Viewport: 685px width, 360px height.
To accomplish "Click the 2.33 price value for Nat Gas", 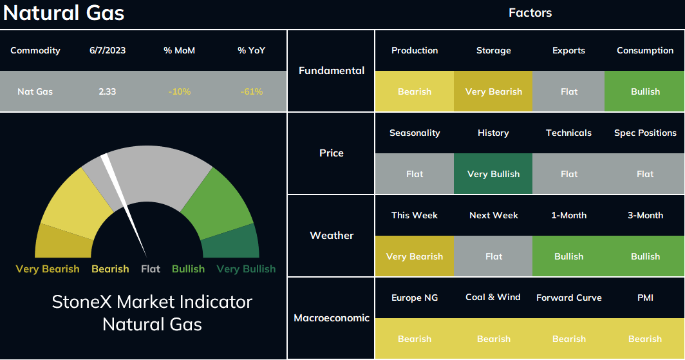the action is click(x=107, y=91).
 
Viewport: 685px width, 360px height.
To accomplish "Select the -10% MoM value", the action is click(x=180, y=91).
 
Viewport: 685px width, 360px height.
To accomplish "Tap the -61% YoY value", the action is click(x=252, y=91).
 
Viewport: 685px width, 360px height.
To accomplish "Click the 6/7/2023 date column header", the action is click(x=108, y=50).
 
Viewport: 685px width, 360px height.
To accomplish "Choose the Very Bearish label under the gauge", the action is click(x=48, y=269).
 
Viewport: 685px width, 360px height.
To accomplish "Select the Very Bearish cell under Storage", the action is click(x=493, y=91).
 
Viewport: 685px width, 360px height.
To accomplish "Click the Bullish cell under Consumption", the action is click(x=644, y=91).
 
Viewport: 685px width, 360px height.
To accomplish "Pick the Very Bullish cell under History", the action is click(x=493, y=173).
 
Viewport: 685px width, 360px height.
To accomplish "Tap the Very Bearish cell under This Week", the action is click(x=415, y=256).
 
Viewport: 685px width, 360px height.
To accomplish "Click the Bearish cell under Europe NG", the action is click(x=415, y=339).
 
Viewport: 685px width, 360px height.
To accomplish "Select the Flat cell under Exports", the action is click(x=569, y=91).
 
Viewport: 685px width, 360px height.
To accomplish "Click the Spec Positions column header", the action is click(x=645, y=133).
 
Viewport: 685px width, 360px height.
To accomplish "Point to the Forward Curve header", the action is click(x=569, y=298).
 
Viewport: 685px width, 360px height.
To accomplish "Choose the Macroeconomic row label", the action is click(x=332, y=317).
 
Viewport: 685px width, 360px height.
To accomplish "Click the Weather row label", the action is click(x=332, y=236).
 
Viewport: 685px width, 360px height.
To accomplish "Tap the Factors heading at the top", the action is click(x=530, y=13).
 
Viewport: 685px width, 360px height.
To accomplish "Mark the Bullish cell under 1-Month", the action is click(x=569, y=256).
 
